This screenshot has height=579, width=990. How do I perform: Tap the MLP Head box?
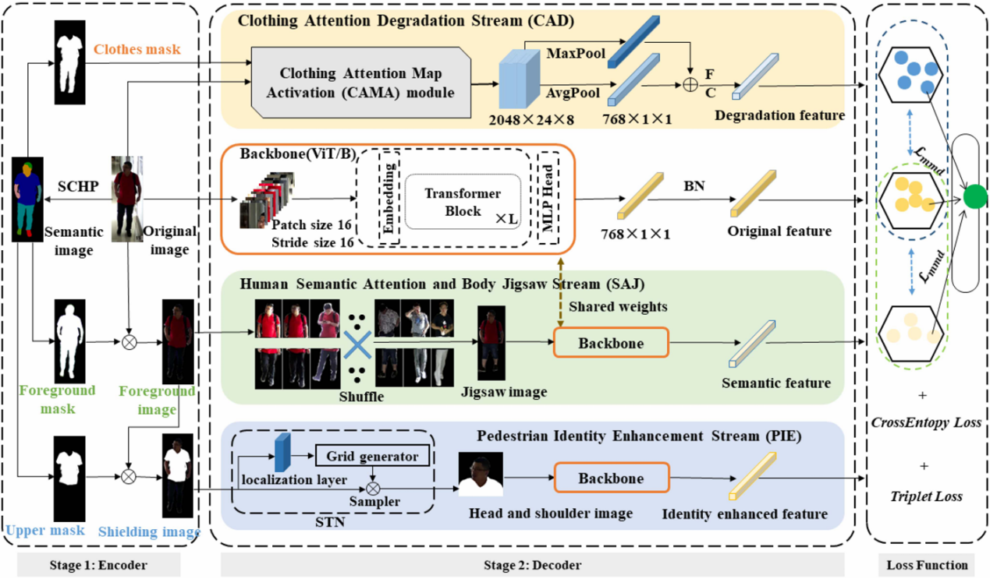coord(548,198)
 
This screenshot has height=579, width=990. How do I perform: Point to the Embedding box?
coord(389,198)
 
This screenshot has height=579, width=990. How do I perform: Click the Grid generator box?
coord(371,456)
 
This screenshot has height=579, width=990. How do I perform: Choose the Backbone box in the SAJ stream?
coord(611,343)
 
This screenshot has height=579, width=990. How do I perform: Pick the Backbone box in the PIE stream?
coord(611,478)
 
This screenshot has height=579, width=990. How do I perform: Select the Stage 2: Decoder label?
coord(541,565)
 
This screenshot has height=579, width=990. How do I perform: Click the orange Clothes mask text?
coord(137,49)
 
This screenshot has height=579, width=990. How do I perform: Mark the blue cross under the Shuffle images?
coord(357,342)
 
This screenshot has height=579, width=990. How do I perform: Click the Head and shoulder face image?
coord(481,475)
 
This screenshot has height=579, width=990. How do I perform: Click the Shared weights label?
coord(619,307)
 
